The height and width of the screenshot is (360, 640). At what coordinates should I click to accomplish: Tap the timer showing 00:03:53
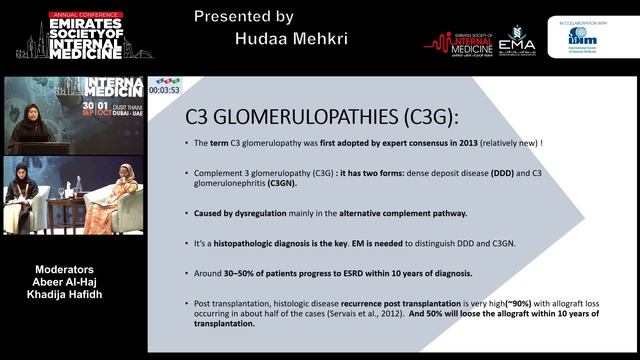[163, 90]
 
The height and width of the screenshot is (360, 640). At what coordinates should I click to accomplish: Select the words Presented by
[244, 16]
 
